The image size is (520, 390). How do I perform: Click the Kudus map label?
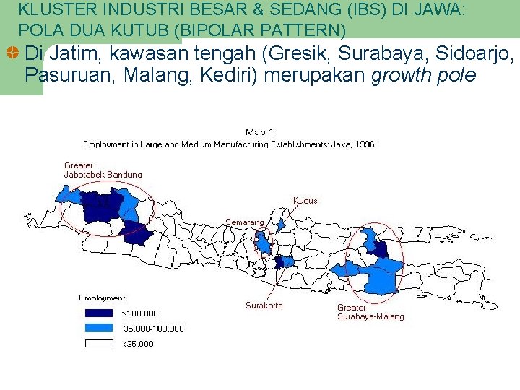pyautogui.click(x=305, y=200)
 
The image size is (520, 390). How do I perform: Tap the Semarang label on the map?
pyautogui.click(x=244, y=222)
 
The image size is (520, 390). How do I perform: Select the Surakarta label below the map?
pyautogui.click(x=264, y=305)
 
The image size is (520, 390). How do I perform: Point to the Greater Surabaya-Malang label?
pyautogui.click(x=370, y=312)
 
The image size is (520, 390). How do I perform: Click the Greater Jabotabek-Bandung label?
pyautogui.click(x=103, y=170)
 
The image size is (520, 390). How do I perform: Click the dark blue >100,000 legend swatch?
pyautogui.click(x=99, y=313)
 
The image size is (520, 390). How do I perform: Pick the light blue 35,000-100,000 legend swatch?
pyautogui.click(x=99, y=328)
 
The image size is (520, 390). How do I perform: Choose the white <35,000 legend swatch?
pyautogui.click(x=99, y=344)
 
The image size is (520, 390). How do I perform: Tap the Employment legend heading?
pyautogui.click(x=102, y=298)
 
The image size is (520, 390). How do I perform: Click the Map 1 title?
pyautogui.click(x=260, y=131)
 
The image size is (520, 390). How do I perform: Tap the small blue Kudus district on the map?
pyautogui.click(x=282, y=225)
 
